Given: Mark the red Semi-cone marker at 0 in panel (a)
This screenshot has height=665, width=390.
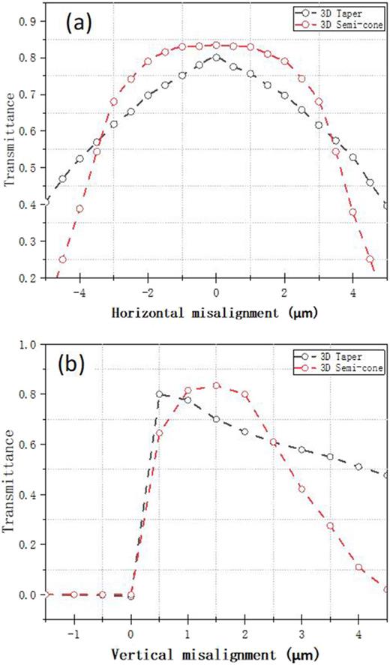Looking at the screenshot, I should (216, 45).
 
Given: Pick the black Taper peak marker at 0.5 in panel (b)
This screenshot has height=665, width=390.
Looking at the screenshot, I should (159, 394).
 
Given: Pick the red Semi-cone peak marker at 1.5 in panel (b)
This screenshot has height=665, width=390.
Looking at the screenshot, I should (216, 385).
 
